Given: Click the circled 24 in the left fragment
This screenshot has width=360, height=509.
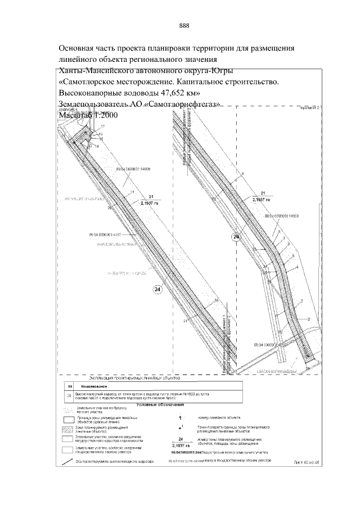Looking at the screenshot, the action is (x=157, y=289).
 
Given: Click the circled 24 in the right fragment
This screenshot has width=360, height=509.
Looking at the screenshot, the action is (x=236, y=238).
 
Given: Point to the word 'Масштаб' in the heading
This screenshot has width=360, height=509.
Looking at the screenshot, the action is (x=78, y=115).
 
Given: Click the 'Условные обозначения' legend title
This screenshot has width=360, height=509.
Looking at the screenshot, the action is (x=160, y=404).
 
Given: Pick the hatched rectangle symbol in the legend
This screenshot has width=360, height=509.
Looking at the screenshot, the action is (x=68, y=430).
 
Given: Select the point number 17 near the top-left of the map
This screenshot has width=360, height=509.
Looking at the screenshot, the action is (x=103, y=127).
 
